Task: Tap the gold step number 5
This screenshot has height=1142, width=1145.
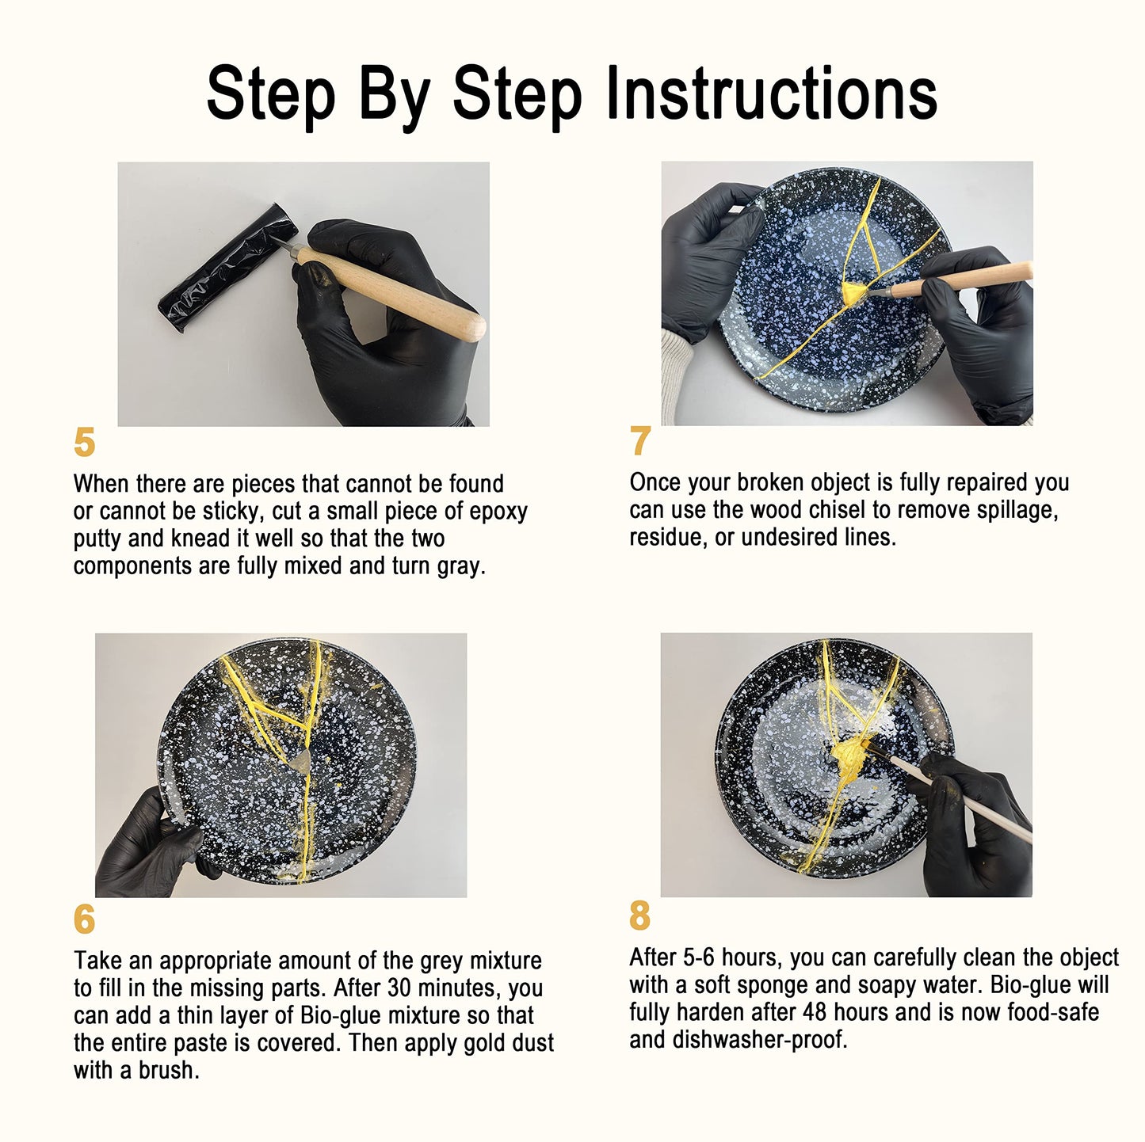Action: coord(84,443)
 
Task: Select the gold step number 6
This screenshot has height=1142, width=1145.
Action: coord(84,919)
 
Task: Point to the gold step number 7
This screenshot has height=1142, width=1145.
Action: coord(640,440)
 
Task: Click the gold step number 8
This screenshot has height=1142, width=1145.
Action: coord(640,916)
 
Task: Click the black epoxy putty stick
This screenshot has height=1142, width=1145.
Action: coord(227,267)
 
